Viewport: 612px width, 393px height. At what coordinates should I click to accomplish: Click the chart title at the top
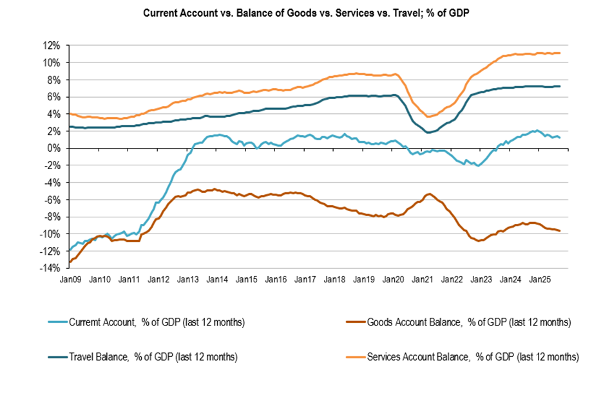[x=306, y=14]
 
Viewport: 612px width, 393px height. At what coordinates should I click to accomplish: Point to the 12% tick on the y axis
[x=52, y=46]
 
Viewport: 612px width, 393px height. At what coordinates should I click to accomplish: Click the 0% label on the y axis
[x=54, y=148]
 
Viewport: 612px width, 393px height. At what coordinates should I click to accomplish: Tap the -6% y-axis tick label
[x=52, y=199]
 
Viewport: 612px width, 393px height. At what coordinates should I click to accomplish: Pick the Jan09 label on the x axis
[x=70, y=280]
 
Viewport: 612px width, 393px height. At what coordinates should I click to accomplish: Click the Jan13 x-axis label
[x=188, y=280]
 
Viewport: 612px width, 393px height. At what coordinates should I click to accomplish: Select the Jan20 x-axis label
[x=394, y=280]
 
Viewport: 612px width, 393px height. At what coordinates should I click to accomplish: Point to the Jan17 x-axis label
[x=305, y=280]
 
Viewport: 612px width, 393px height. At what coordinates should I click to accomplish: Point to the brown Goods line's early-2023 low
[x=478, y=241]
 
